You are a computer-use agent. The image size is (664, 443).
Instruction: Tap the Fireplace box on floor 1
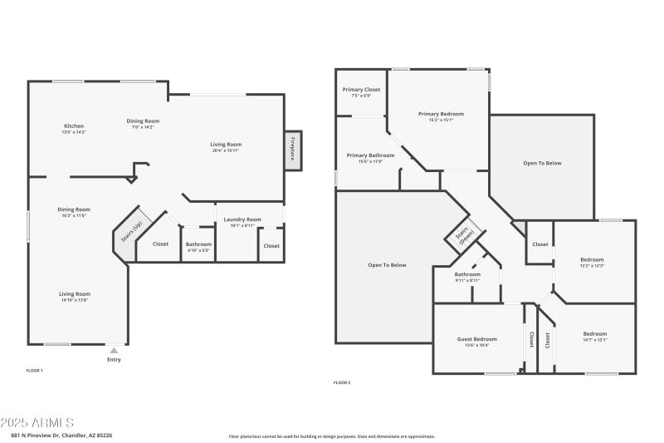coord(293,153)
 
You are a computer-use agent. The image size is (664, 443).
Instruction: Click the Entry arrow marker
coord(114,351)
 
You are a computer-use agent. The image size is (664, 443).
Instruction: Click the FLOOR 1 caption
coord(35,370)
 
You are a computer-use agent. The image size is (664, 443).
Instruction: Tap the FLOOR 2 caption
coord(342,382)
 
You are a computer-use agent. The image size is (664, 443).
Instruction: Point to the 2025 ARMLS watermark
coord(37,423)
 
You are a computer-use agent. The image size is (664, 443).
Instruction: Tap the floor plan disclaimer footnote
coord(331,436)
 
